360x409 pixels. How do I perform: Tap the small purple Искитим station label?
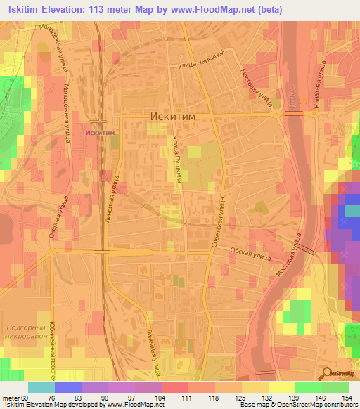(96, 131)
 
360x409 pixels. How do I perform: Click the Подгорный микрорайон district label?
(26, 332)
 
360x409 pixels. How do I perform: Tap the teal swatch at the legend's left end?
(41, 387)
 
